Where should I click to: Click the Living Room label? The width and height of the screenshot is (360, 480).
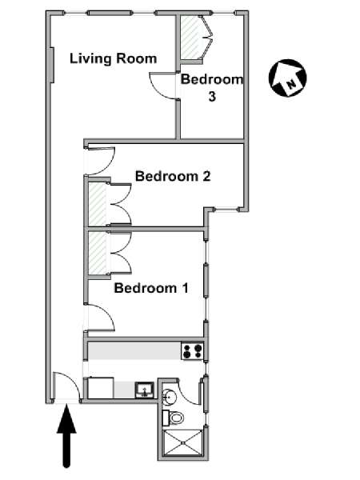click(114, 58)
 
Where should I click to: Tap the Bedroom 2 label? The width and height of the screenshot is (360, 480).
click(173, 176)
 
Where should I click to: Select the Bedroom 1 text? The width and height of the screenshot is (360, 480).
click(151, 288)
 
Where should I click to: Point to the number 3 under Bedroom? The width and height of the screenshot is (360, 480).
click(212, 97)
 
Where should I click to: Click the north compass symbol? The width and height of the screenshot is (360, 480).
click(287, 78)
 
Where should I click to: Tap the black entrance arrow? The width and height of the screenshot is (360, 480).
click(66, 436)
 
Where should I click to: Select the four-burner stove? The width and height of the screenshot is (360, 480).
click(192, 351)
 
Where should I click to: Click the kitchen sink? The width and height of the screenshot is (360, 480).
click(145, 390)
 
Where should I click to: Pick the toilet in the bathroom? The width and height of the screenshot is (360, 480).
click(173, 418)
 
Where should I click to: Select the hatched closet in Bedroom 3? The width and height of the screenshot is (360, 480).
click(190, 37)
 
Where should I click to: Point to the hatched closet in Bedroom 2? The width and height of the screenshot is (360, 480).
click(98, 203)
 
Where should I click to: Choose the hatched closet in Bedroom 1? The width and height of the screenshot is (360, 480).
click(98, 253)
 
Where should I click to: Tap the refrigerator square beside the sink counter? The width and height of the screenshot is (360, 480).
click(101, 388)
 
